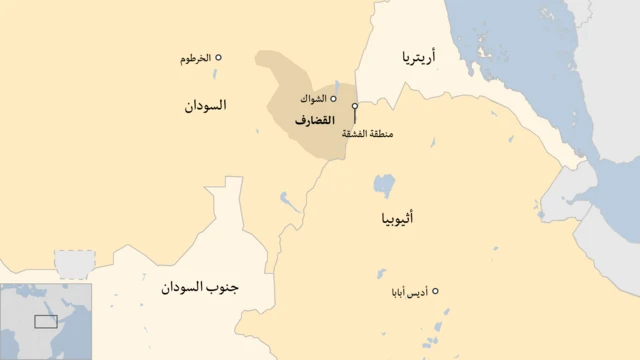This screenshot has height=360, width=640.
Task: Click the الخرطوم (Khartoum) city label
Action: click(195, 59)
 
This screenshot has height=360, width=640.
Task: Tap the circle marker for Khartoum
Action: click(219, 58)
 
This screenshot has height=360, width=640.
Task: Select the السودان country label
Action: click(205, 105)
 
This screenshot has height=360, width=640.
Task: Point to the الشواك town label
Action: click(313, 100)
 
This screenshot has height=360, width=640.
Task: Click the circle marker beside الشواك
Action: click(334, 99)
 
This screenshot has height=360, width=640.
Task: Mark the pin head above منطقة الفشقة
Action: click(355, 105)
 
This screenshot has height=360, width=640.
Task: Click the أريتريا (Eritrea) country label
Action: click(419, 59)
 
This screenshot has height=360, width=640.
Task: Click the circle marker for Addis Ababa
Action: click(435, 291)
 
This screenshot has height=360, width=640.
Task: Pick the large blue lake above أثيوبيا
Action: click(384, 185)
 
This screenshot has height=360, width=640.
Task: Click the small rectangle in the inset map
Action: click(46, 322)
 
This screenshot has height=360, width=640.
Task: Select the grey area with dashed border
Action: click(72, 264)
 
